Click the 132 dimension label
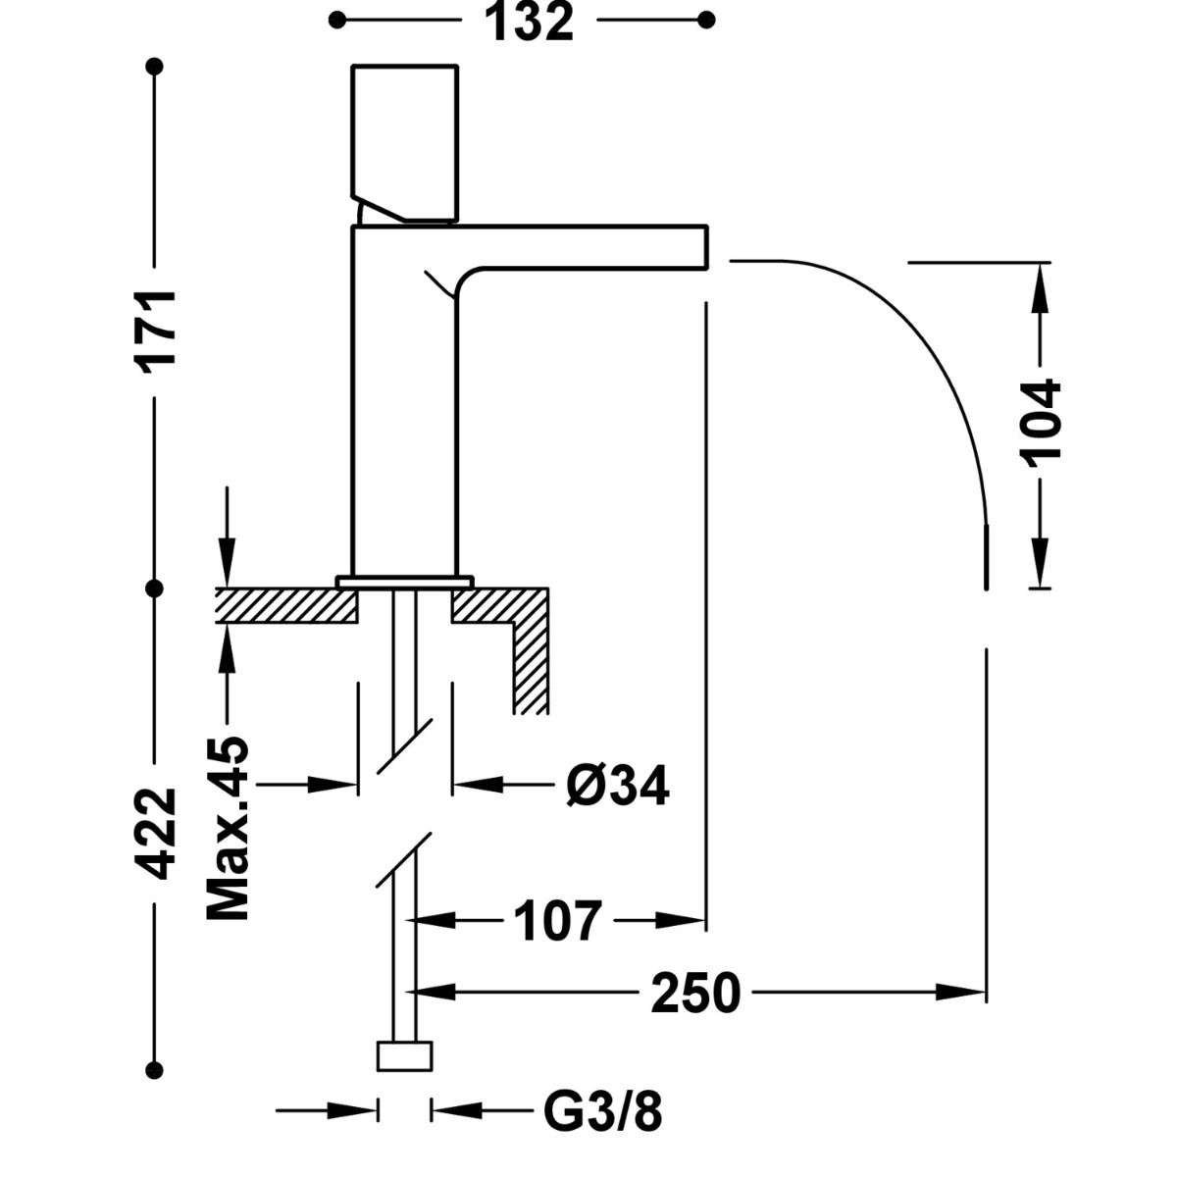tap(529, 22)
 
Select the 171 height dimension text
tap(155, 333)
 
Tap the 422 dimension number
tap(155, 835)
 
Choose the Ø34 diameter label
tap(618, 786)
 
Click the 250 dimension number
tap(695, 994)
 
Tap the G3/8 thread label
tap(603, 1112)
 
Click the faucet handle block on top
tap(405, 143)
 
